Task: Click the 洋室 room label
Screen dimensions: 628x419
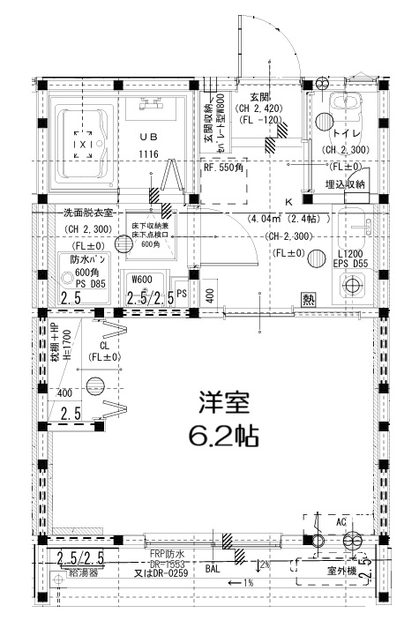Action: click(x=223, y=403)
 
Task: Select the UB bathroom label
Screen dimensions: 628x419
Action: click(x=147, y=137)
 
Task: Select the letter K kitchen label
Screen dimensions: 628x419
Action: click(x=288, y=202)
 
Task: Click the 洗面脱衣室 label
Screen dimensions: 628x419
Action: click(x=86, y=213)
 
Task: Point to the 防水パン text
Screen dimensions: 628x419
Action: click(x=88, y=259)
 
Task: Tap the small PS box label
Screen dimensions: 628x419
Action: click(x=181, y=293)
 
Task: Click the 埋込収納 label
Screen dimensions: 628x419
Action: click(x=345, y=183)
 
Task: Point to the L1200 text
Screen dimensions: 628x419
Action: click(x=350, y=253)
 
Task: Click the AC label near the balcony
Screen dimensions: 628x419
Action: click(x=341, y=521)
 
